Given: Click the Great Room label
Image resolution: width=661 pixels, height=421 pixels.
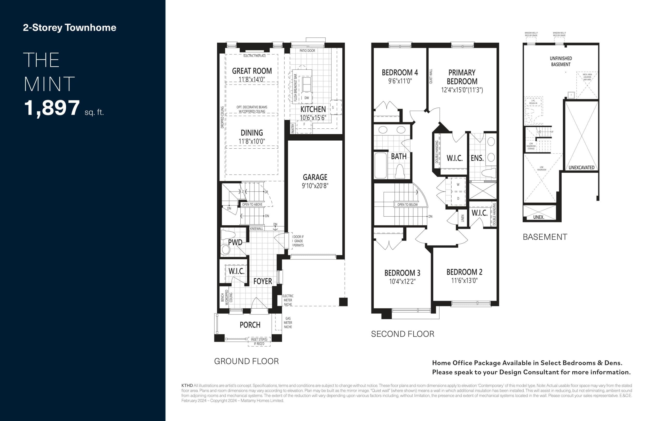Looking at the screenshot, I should coord(252,71).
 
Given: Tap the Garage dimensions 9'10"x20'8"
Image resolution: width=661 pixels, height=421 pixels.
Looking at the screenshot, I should coord(315,186).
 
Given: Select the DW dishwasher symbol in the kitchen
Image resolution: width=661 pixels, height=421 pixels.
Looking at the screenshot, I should coord(307,98).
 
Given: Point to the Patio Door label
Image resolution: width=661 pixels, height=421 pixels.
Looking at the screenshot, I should coord(307,51).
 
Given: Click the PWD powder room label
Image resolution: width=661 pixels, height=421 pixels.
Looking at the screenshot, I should coord(235,242).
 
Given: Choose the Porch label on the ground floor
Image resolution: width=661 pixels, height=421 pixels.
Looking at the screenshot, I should coord(250,325).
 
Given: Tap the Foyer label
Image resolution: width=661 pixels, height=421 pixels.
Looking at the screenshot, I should coord(262,281).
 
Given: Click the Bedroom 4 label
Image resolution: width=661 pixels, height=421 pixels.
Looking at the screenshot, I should coord(400,73).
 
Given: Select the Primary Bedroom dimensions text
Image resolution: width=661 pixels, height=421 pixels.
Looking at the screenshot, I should coord(462,90).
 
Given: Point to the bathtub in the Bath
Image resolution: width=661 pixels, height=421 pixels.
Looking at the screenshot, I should coord(380,165).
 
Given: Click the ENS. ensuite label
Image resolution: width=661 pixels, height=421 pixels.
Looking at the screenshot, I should coord(477,158).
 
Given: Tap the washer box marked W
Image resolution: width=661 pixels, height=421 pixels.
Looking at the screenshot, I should coord(458,185).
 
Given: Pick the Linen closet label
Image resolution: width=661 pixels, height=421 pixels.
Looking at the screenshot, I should coord(462,218).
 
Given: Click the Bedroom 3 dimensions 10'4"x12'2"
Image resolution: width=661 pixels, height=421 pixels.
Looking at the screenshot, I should coord(402,281).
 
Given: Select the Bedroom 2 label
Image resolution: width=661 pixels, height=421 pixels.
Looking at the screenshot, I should coord(464,272).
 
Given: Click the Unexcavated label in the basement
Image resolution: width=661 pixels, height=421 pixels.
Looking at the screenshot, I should coord(581,167).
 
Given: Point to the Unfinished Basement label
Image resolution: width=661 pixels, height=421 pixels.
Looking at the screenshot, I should coord(561,61).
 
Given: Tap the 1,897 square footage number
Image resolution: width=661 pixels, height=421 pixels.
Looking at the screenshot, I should coord(52,108).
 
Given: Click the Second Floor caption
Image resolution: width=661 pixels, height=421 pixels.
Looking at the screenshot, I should coord(403,334).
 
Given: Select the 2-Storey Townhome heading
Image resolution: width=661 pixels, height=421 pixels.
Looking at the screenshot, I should coord(69,27).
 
